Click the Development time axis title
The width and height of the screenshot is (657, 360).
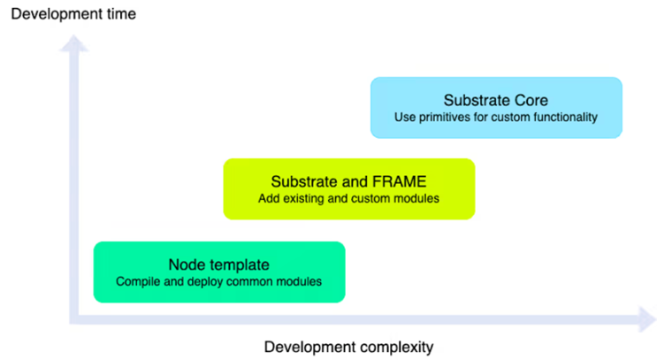pyautogui.click(x=73, y=14)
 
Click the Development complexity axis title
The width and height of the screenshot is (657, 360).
pyautogui.click(x=348, y=345)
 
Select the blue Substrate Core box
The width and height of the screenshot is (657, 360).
pyautogui.click(x=495, y=107)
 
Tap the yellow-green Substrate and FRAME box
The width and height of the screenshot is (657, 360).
pyautogui.click(x=348, y=188)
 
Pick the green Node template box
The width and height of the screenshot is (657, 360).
pyautogui.click(x=218, y=272)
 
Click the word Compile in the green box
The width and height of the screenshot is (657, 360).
pyautogui.click(x=138, y=281)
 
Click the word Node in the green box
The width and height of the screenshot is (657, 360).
pyautogui.click(x=186, y=264)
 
